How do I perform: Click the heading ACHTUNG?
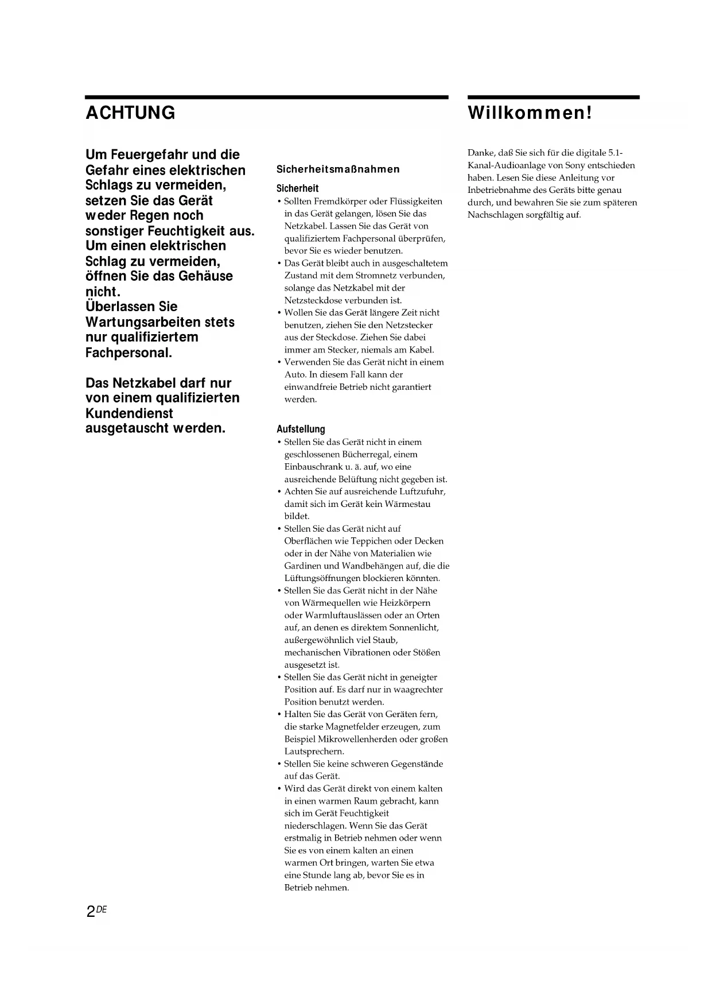[130, 113]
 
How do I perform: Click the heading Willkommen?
[530, 113]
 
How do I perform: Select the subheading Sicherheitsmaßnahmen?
[338, 169]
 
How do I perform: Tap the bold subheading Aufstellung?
[301, 429]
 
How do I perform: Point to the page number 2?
[91, 911]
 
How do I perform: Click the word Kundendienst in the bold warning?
[129, 413]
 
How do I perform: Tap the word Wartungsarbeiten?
[143, 322]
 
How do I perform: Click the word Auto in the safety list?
[295, 374]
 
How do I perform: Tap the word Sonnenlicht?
[414, 628]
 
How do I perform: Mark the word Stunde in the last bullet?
[316, 876]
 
